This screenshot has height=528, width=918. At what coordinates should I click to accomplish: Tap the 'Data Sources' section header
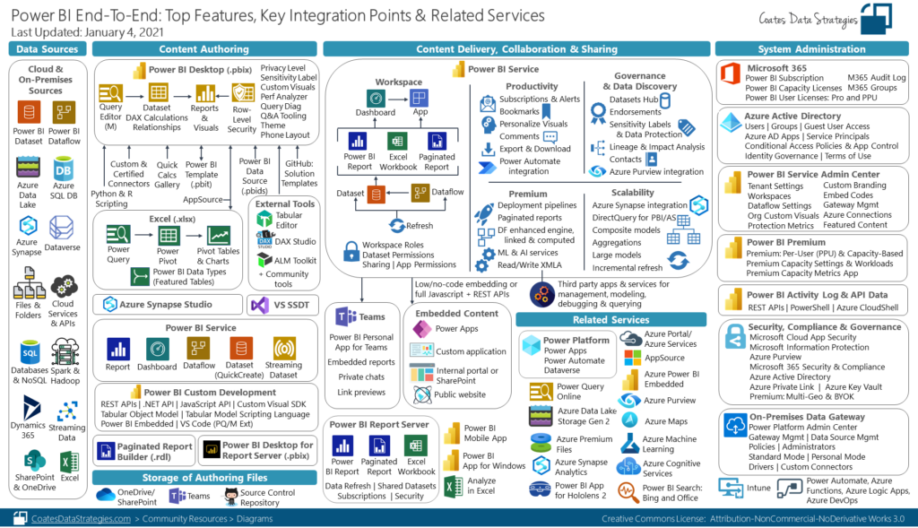(48, 49)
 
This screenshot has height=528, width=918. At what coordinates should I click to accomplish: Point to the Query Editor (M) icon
(111, 92)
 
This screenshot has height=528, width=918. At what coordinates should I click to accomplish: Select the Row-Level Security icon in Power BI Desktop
(242, 93)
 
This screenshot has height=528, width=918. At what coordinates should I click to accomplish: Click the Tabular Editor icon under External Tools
(264, 218)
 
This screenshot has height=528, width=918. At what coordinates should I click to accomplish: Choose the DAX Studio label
(296, 241)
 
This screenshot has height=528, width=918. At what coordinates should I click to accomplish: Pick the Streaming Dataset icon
(284, 348)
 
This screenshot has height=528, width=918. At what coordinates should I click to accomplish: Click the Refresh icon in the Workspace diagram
(397, 224)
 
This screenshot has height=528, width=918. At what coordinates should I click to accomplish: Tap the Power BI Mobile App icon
(451, 434)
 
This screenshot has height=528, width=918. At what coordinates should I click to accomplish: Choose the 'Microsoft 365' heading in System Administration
(777, 68)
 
